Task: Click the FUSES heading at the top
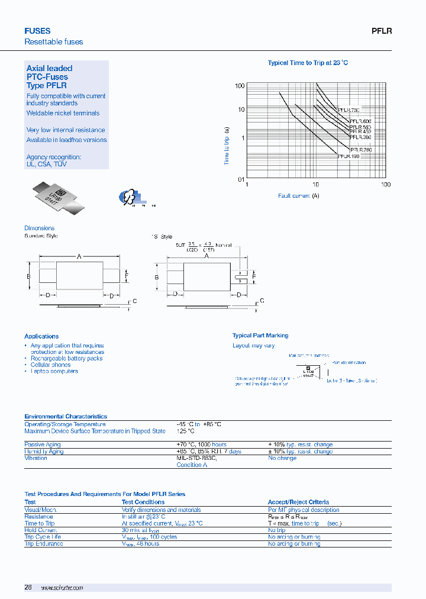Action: (37, 31)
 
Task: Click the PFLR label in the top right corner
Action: (382, 31)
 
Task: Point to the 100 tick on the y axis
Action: (240, 86)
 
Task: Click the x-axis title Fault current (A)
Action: (299, 196)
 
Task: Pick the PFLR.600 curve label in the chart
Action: (356, 121)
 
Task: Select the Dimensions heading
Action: (39, 228)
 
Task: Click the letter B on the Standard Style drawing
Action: (28, 276)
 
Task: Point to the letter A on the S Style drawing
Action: (206, 256)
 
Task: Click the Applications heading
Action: (41, 336)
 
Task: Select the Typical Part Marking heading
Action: (260, 336)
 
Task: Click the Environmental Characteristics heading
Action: (66, 417)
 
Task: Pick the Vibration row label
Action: (35, 458)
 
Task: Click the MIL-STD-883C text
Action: (197, 458)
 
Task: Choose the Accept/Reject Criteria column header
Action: (298, 502)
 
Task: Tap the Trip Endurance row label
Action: (43, 543)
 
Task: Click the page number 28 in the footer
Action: (28, 587)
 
